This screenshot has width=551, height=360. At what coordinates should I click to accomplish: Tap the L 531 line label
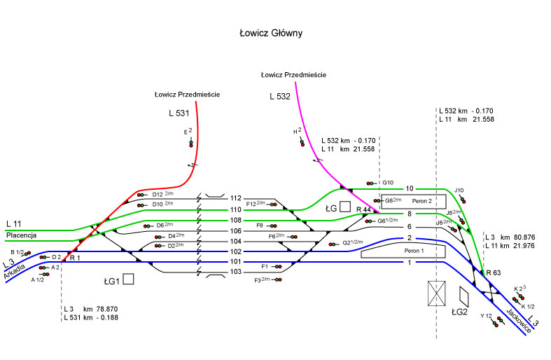click(x=179, y=112)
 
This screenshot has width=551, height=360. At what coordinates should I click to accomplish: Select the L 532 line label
click(x=279, y=96)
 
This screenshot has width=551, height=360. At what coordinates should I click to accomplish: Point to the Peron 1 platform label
click(x=414, y=250)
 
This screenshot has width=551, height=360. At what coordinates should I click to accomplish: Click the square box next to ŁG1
click(x=128, y=279)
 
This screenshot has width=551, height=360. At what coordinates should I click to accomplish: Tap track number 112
click(x=235, y=198)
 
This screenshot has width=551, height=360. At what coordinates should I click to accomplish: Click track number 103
click(x=235, y=272)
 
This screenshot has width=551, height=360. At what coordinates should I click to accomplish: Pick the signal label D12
click(x=157, y=194)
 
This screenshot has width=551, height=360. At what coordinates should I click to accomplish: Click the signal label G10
click(x=388, y=183)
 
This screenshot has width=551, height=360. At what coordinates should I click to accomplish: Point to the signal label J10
click(x=459, y=191)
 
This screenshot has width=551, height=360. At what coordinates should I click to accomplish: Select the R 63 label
click(x=494, y=272)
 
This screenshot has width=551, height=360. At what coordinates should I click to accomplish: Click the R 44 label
click(x=363, y=209)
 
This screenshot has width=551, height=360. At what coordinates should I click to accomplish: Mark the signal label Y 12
click(x=486, y=317)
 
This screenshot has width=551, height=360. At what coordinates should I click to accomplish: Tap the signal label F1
click(x=265, y=266)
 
